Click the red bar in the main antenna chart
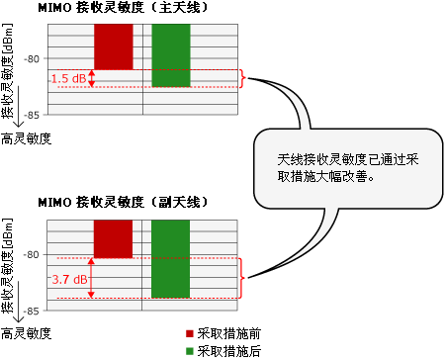point(114,46)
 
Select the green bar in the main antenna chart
point(171,55)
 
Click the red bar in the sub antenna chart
point(114,238)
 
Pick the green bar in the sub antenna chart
point(171,258)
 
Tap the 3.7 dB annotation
point(68,280)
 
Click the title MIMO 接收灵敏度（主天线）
point(123,8)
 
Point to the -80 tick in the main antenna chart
point(34,58)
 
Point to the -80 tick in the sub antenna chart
point(34,254)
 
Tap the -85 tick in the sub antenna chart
point(34,310)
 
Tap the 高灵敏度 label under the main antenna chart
point(26,137)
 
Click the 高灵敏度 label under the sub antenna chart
point(26,332)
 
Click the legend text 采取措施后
point(229,351)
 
